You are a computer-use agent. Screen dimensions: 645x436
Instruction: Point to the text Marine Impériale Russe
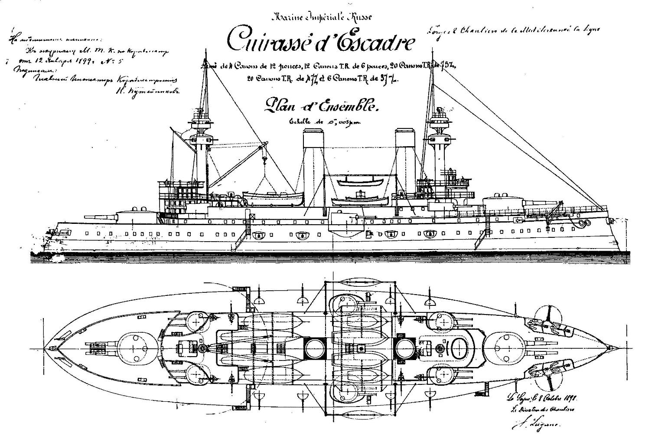pyautogui.click(x=321, y=17)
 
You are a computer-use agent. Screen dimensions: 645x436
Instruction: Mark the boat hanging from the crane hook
pyautogui.click(x=272, y=197)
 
